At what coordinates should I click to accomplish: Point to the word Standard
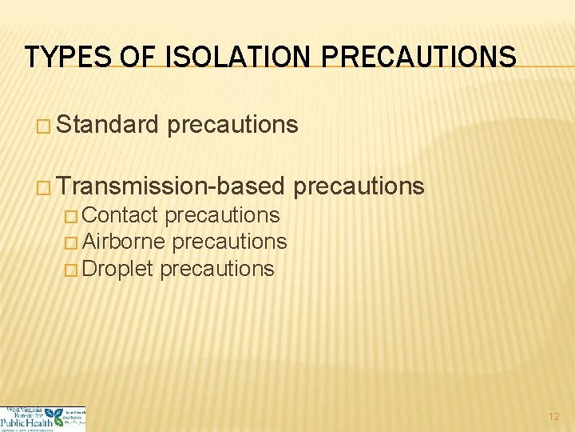(109, 125)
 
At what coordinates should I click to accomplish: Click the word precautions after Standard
(233, 125)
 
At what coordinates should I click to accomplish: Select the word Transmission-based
(171, 186)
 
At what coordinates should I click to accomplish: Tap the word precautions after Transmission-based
(359, 186)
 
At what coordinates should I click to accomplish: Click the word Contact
(120, 215)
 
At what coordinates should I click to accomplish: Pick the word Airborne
(124, 242)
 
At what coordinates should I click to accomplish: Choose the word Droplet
(117, 269)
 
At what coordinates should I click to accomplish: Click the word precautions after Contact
(222, 215)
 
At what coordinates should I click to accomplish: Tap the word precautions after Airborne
(230, 242)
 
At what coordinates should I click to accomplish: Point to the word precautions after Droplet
(217, 269)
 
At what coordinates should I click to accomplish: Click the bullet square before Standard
(44, 126)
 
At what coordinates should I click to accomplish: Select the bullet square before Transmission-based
(44, 187)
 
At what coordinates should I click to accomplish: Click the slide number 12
(554, 417)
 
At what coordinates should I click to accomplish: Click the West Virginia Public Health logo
(42, 418)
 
